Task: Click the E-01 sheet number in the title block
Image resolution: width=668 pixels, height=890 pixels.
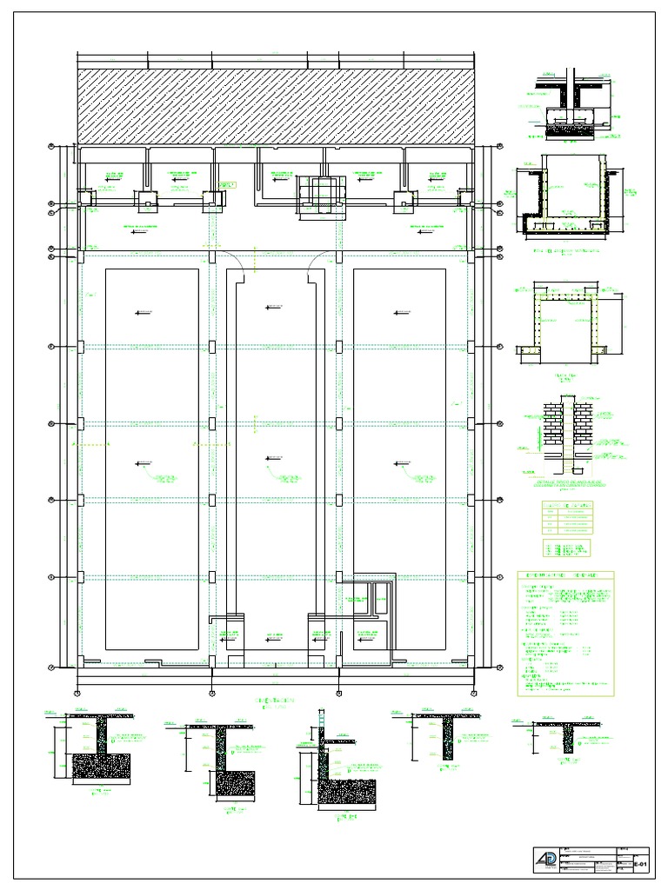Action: pos(639,867)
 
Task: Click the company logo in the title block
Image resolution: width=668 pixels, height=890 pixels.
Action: pos(544,861)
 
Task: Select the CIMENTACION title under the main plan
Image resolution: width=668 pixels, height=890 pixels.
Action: pos(275,700)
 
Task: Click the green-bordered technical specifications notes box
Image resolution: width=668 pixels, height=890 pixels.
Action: pos(565,634)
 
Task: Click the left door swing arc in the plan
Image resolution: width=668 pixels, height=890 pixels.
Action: pos(234,258)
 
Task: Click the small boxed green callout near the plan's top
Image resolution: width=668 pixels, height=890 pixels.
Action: pos(228,184)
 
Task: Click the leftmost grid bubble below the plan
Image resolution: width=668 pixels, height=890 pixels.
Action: pos(77,693)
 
